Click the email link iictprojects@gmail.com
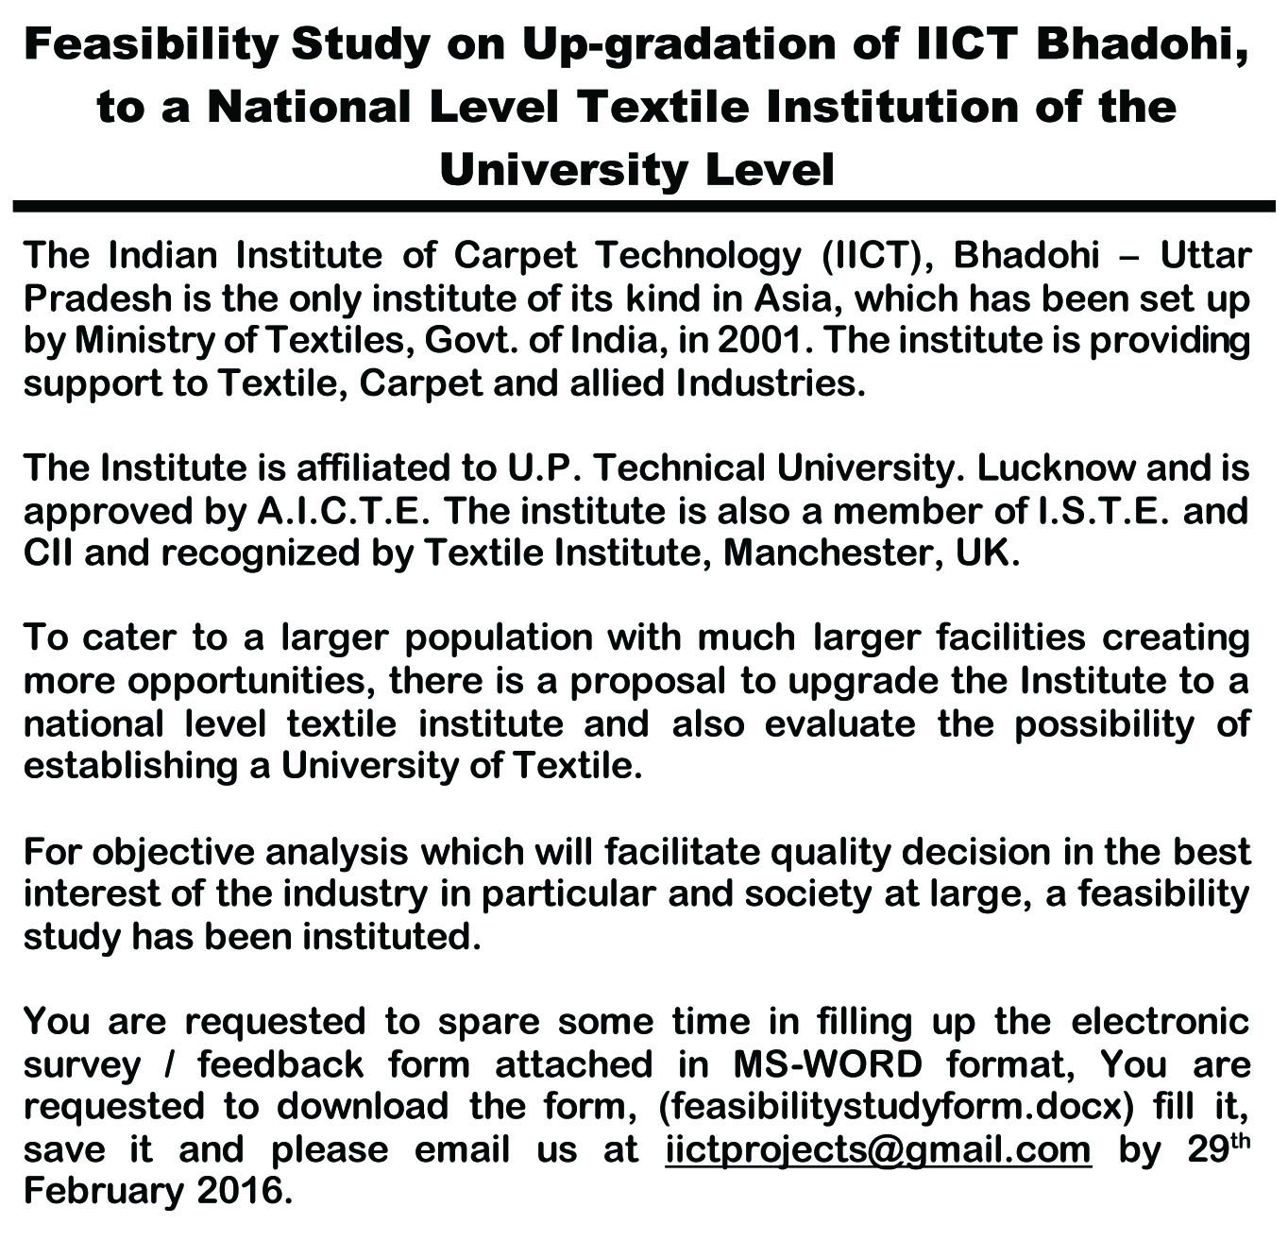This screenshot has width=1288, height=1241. tap(878, 1149)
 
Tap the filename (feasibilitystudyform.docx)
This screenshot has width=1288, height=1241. tap(890, 1107)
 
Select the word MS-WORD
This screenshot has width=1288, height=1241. tap(827, 1064)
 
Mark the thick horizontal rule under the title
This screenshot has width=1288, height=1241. tap(644, 205)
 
